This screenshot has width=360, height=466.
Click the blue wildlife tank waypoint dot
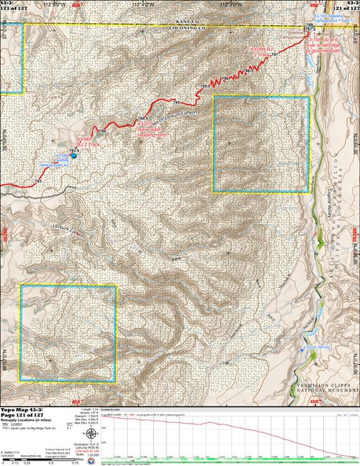pos(75,155)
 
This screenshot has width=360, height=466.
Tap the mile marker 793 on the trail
pos(38,181)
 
